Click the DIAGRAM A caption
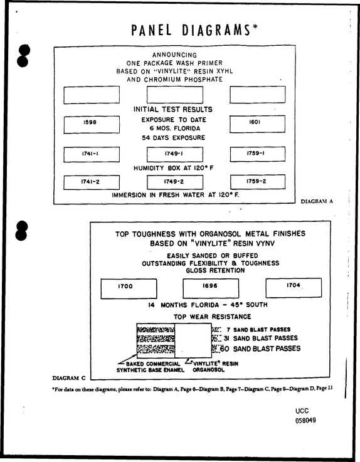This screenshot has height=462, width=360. (317, 201)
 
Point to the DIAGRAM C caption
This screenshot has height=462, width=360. (69, 378)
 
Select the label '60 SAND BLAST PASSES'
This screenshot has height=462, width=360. (260, 349)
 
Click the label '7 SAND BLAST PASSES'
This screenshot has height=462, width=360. (258, 329)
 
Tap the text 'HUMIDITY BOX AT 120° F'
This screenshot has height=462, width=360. (174, 168)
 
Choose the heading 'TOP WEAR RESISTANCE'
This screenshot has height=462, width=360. (212, 317)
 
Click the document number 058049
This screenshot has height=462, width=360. (306, 420)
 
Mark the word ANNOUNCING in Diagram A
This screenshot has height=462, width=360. (174, 55)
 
